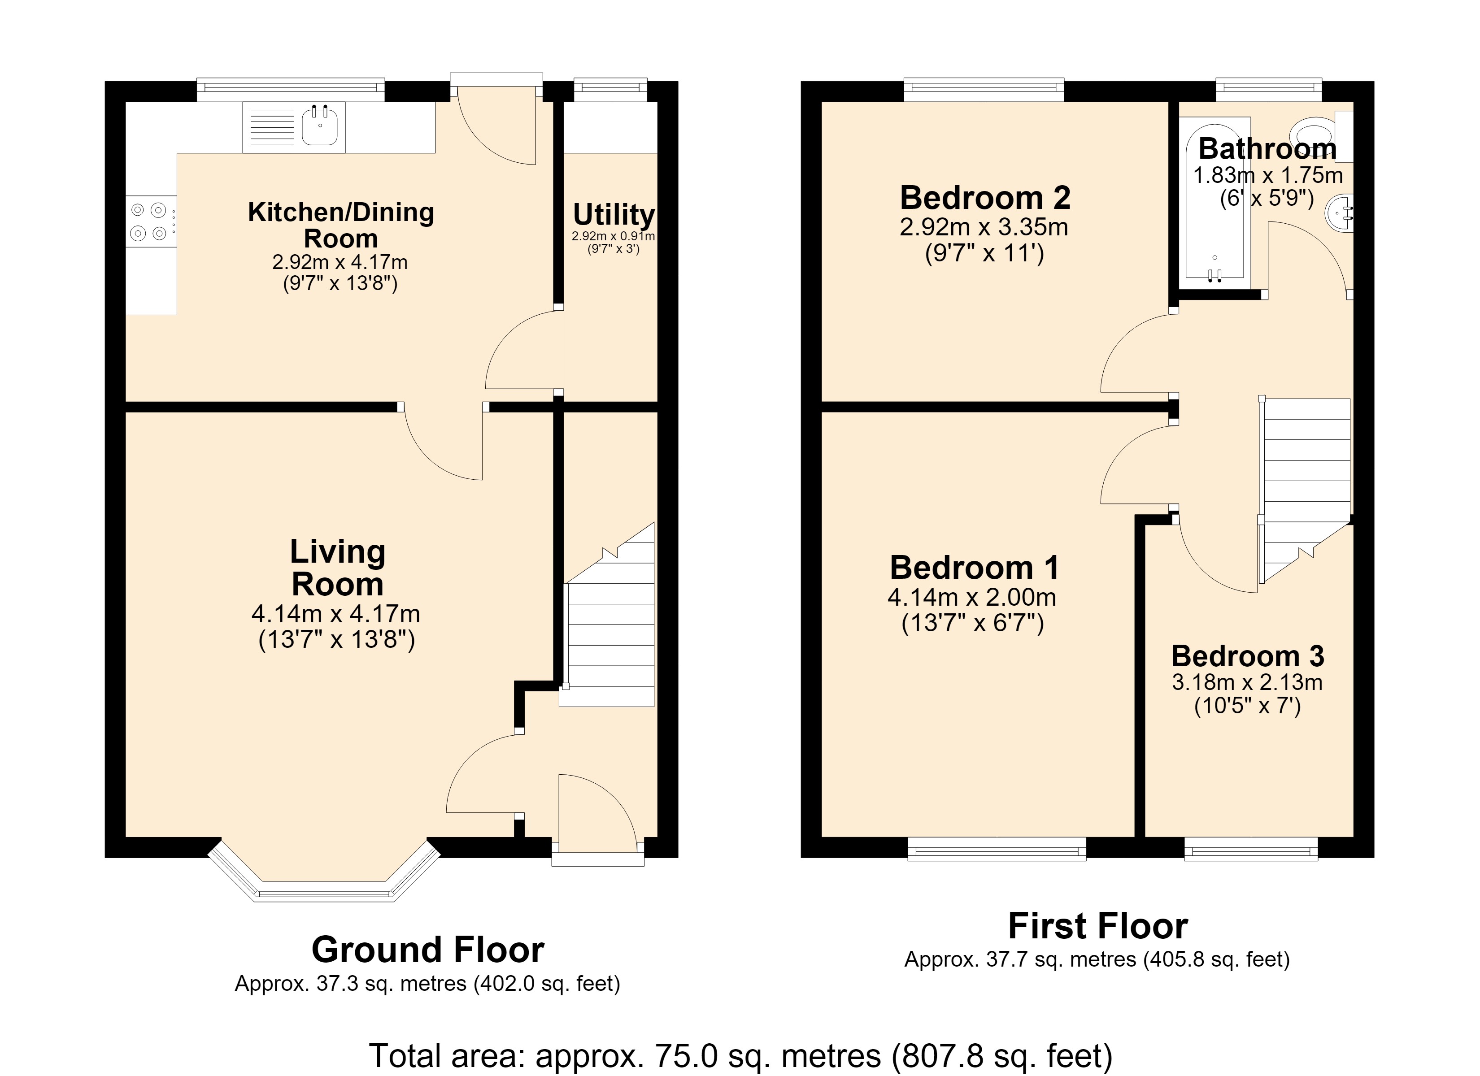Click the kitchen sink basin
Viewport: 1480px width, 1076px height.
[320, 126]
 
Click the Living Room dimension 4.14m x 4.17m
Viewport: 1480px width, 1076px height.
[335, 614]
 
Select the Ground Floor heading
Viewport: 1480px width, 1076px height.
[428, 950]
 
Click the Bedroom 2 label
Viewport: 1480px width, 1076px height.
[985, 198]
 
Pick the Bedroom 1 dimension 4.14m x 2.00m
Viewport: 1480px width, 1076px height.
[972, 597]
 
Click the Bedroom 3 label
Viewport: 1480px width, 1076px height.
[1248, 656]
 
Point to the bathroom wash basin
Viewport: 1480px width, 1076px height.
[1339, 213]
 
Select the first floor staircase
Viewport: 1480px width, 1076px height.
[1305, 490]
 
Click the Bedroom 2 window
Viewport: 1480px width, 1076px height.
[984, 89]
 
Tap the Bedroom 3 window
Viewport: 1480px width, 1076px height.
[1251, 849]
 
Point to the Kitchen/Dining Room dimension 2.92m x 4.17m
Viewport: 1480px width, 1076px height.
[340, 262]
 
